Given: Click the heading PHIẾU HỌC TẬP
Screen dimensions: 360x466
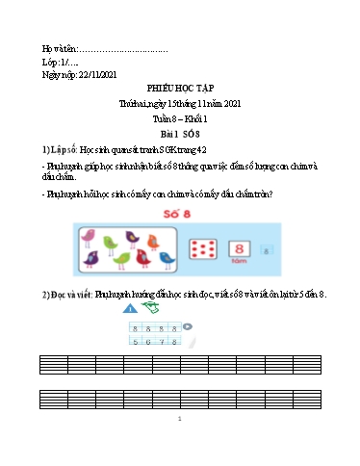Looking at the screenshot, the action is coord(180,86).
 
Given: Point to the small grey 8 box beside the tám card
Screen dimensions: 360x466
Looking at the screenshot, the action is coord(270,250).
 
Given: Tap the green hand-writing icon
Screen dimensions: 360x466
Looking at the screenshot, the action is coord(149,307).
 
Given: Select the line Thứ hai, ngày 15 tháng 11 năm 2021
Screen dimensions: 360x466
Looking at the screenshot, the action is coord(180,100).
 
